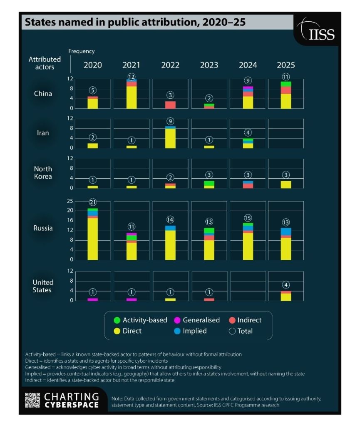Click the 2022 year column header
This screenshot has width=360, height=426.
pyautogui.click(x=170, y=65)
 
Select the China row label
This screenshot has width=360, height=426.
pyautogui.click(x=43, y=93)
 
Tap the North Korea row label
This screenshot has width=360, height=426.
pyautogui.click(x=43, y=172)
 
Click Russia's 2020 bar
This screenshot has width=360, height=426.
pyautogui.click(x=92, y=235)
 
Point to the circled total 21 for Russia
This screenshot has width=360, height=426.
pyautogui.click(x=92, y=202)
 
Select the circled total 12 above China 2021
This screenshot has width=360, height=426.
pyautogui.click(x=132, y=77)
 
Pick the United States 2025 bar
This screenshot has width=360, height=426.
pyautogui.click(x=286, y=296)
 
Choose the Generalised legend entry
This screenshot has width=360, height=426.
pyautogui.click(x=197, y=320)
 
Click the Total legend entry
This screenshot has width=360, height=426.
pyautogui.click(x=241, y=331)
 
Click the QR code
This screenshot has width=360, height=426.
pyautogui.click(x=32, y=400)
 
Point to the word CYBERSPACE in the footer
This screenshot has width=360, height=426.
pyautogui.click(x=72, y=405)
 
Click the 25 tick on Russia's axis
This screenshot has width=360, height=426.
pyautogui.click(x=70, y=201)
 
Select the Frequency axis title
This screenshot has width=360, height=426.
pyautogui.click(x=82, y=51)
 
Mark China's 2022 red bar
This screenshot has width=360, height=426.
pyautogui.click(x=170, y=105)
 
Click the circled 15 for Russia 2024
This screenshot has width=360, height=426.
pyautogui.click(x=248, y=218)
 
